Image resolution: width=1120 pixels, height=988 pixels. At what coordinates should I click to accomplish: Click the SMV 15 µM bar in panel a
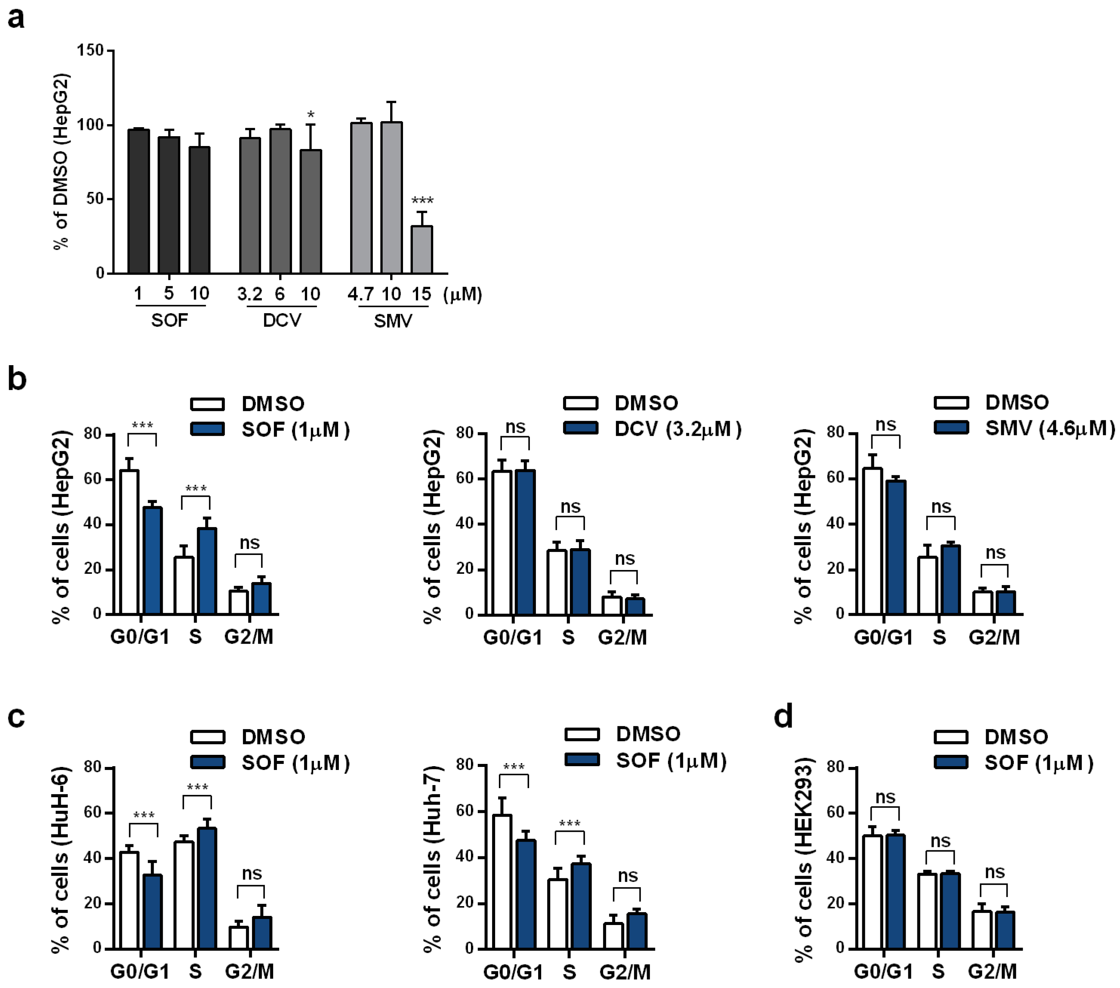[x=422, y=250]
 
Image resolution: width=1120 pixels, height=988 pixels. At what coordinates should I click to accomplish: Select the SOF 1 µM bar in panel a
[x=138, y=201]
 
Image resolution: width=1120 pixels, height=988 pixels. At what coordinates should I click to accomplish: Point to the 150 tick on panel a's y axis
[x=91, y=51]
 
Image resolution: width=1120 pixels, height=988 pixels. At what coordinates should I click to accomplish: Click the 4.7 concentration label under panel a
[x=360, y=295]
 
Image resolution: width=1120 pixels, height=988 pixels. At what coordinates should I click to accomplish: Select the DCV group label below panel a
[x=282, y=320]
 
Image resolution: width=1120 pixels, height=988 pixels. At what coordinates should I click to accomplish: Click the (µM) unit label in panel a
[x=463, y=295]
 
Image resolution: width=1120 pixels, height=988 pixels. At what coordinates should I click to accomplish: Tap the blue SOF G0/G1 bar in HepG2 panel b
[x=153, y=561]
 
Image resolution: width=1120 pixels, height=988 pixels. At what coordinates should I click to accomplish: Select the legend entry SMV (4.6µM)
[x=1049, y=428]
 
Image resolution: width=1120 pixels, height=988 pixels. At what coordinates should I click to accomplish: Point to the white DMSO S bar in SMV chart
[x=928, y=585]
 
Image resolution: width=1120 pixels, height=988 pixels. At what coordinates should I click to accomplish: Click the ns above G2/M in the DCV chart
[x=625, y=559]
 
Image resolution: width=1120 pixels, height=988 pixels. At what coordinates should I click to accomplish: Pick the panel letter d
[x=783, y=716]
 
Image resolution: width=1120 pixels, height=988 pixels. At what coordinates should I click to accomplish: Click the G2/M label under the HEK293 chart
[x=992, y=971]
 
